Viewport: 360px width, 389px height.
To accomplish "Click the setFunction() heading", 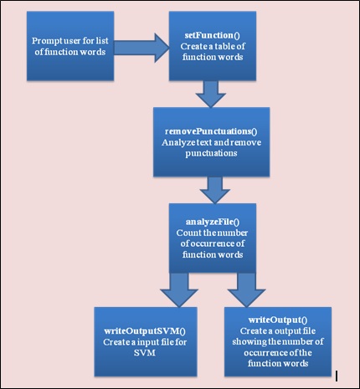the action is [213, 35].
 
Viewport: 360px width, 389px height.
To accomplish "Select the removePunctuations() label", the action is [211, 131].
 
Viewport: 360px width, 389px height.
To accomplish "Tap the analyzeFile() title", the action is [213, 222].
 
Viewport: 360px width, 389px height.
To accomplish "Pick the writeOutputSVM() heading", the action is [145, 331].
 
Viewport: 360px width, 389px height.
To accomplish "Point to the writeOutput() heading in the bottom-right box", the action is [278, 320].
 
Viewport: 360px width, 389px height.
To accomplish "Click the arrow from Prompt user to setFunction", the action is [141, 48].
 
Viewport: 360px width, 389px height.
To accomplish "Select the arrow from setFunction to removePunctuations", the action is [211, 94].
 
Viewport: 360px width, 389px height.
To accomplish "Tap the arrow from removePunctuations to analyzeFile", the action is [215, 190].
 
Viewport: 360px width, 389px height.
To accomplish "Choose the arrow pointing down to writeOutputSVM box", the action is [179, 290].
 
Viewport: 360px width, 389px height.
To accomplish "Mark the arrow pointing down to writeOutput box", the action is [246, 290].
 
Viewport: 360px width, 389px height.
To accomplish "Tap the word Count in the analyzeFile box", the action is [186, 233].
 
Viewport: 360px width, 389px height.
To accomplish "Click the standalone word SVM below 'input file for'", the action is [145, 353].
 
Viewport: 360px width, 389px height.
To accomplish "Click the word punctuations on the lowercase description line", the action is [211, 154].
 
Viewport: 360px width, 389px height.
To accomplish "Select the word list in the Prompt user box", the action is [103, 41].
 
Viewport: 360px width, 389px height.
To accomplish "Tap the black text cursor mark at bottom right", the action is [337, 376].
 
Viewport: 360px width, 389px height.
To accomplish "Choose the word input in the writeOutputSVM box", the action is [147, 342].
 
